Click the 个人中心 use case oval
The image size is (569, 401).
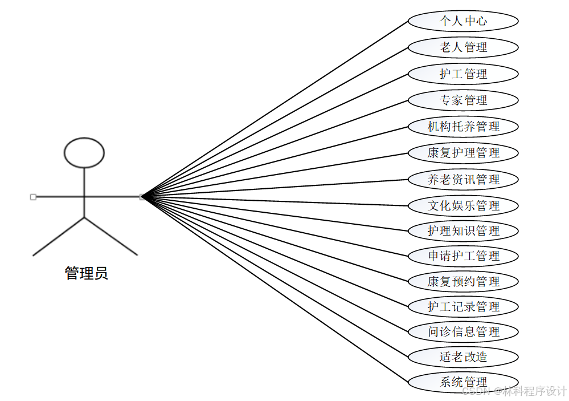coord(463,21)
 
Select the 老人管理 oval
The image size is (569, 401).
coord(463,47)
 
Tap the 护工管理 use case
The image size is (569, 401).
coord(463,74)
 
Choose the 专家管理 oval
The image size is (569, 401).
coord(463,100)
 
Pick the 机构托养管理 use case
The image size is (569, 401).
coord(463,127)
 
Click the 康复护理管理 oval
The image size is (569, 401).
coord(463,153)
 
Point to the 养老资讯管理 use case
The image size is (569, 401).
coord(463,179)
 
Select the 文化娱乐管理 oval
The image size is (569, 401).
coord(463,205)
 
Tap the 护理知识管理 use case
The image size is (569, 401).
coord(463,231)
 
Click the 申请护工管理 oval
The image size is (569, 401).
coord(463,256)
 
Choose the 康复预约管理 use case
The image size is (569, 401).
coord(463,281)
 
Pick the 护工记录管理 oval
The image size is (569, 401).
coord(463,306)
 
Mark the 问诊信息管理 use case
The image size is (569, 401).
coord(463,331)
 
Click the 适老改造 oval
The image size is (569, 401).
coord(463,357)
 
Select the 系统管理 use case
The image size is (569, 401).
coord(463,382)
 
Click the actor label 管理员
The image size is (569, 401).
coord(86,274)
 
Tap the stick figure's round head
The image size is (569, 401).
coord(84,153)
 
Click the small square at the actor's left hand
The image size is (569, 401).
coord(33,197)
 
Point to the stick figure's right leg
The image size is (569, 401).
coord(111,236)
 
